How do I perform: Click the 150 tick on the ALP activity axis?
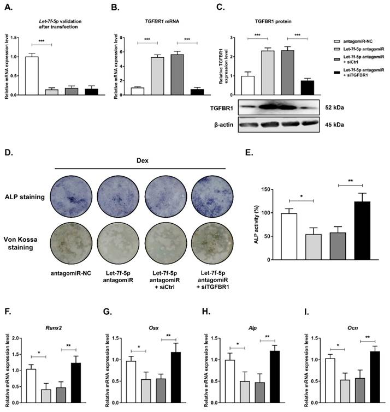coord(277,189)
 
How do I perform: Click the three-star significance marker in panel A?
coord(41,41)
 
